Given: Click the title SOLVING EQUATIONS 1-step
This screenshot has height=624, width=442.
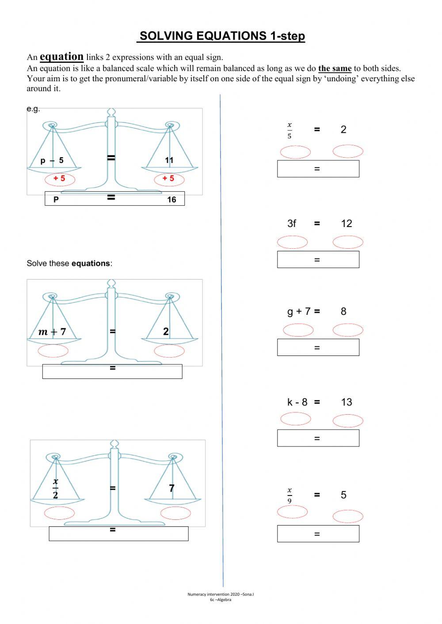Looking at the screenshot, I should tap(221, 36).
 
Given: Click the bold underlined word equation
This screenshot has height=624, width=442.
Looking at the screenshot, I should tap(61, 57).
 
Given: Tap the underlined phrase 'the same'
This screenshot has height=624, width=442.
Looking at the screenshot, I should tap(335, 68).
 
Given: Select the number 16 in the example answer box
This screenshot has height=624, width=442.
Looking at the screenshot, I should tap(171, 200).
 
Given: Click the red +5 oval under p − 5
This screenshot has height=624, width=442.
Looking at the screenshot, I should tap(60, 178).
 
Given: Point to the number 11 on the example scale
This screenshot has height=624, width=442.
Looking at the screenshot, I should tap(169, 160).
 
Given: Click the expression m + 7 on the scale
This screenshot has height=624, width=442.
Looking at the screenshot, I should tap(52, 332).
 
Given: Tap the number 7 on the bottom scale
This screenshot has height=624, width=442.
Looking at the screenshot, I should tap(171, 488).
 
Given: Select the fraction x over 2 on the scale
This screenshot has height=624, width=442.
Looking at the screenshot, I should tap(55, 488).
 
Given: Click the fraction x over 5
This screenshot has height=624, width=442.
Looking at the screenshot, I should tap(290, 131).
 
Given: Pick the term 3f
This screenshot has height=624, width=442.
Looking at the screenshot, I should tap(292, 223).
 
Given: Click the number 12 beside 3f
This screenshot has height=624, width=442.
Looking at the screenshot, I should tap(347, 223).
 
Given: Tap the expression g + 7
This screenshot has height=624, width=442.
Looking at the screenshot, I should tap(299, 311).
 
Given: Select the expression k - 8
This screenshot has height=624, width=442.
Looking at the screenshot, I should tap(297, 402).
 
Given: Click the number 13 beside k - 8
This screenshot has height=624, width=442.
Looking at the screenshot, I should tap(347, 402).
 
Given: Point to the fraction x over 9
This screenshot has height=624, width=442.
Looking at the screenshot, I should tap(290, 495).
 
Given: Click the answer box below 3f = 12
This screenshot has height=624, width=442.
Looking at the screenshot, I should tap(318, 260).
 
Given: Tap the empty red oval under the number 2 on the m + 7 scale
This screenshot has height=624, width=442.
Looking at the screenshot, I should tap(169, 351).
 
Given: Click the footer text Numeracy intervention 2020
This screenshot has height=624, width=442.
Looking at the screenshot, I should tap(220, 594).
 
